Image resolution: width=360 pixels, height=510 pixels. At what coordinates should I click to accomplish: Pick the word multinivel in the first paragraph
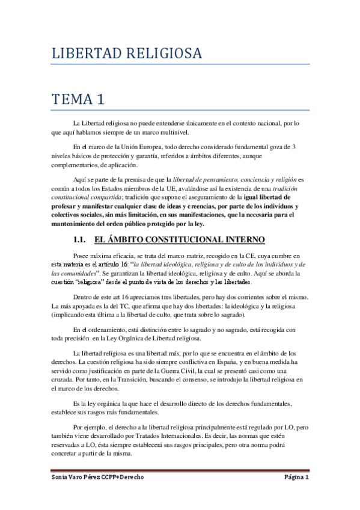[172, 132]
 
